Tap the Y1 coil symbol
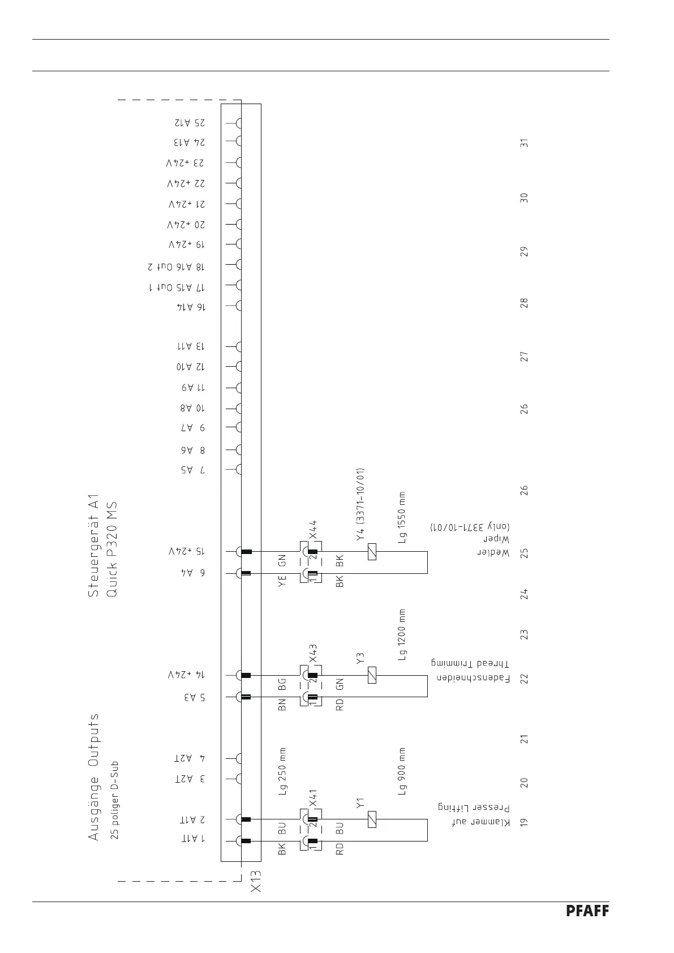coord(372,819)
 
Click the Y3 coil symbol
coord(372,675)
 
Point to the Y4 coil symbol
coord(372,552)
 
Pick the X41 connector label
coord(313,798)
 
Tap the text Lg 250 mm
coord(283,772)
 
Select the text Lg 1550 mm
coord(401,517)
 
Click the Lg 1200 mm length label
coord(401,635)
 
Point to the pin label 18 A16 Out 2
coord(177,267)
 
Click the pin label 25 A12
coord(190,122)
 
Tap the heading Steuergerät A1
coord(93,545)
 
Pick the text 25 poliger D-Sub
coord(114,802)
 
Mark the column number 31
coord(525,143)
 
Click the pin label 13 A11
coord(191,346)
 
